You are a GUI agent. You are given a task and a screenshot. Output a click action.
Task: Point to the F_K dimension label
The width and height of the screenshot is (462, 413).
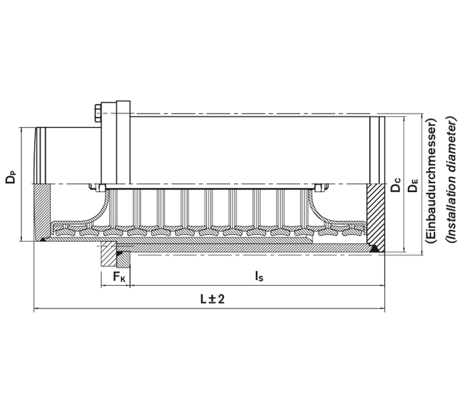coord(118,277)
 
